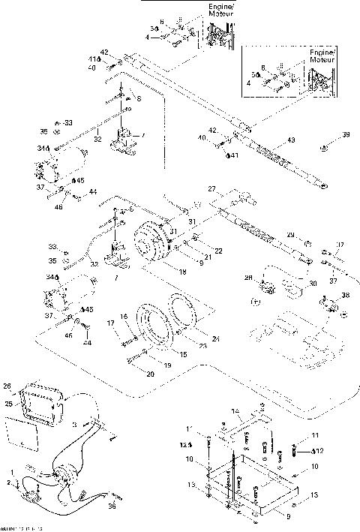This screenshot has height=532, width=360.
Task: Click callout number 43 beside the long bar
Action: tap(291, 141)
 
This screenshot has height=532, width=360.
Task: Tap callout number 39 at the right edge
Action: tap(325, 135)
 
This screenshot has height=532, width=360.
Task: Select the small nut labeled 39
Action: tap(322, 149)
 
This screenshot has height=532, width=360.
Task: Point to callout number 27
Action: tap(212, 188)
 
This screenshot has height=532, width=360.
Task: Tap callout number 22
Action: tap(199, 250)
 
